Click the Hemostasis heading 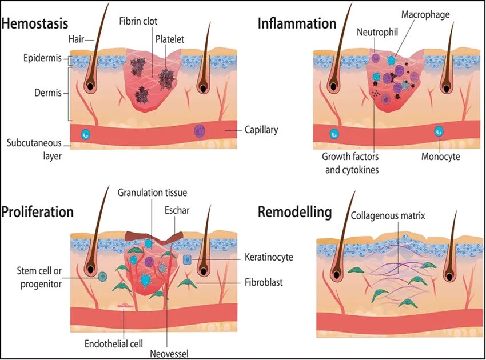(x=35, y=23)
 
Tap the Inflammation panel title (x=297, y=23)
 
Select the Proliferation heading (x=38, y=212)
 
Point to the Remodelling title (x=294, y=213)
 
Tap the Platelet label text (x=169, y=39)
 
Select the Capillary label (x=261, y=130)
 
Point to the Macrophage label (x=425, y=14)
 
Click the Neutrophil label (x=377, y=32)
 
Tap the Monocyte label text (x=440, y=156)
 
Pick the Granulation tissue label (x=152, y=193)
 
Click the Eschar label (x=177, y=210)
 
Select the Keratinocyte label (x=268, y=257)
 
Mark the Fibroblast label (x=263, y=282)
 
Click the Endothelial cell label (x=111, y=329)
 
